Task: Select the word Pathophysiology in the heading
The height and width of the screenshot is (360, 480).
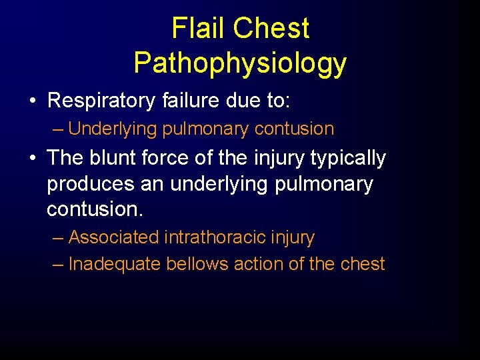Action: [x=240, y=63]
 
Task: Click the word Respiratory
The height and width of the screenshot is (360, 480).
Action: [x=101, y=101]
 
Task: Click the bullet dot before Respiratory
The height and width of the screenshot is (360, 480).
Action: [x=32, y=101]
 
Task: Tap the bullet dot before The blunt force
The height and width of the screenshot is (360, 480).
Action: [x=32, y=159]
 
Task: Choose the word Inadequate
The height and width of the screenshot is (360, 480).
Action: [x=115, y=264]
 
